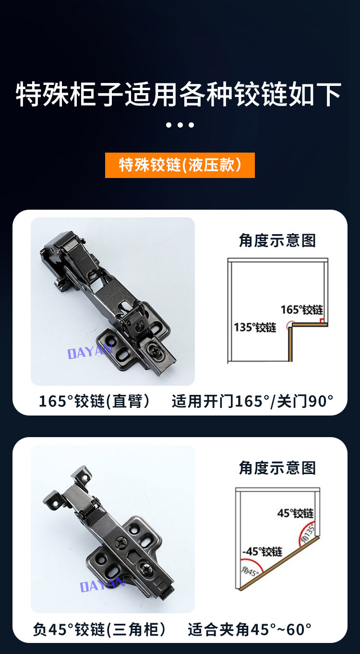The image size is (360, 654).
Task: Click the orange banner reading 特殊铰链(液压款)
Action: [180, 165]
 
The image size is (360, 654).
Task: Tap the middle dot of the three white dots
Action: [180, 125]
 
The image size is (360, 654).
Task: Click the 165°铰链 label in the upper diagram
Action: [302, 309]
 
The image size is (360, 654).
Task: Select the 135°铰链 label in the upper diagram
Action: [255, 327]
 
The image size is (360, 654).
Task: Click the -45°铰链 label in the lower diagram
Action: [262, 551]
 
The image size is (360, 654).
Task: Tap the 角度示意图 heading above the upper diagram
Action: [277, 240]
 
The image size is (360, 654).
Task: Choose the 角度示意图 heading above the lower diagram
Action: [277, 468]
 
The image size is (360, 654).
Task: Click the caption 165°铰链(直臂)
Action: [94, 401]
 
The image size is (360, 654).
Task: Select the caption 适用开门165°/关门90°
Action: [252, 401]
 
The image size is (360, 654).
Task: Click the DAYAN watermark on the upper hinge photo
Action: [90, 351]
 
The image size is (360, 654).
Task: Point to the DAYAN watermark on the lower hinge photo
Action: [103, 584]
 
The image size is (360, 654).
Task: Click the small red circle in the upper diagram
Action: [290, 324]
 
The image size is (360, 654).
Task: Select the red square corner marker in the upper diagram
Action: [322, 321]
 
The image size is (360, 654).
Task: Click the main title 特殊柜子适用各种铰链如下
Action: [179, 94]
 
